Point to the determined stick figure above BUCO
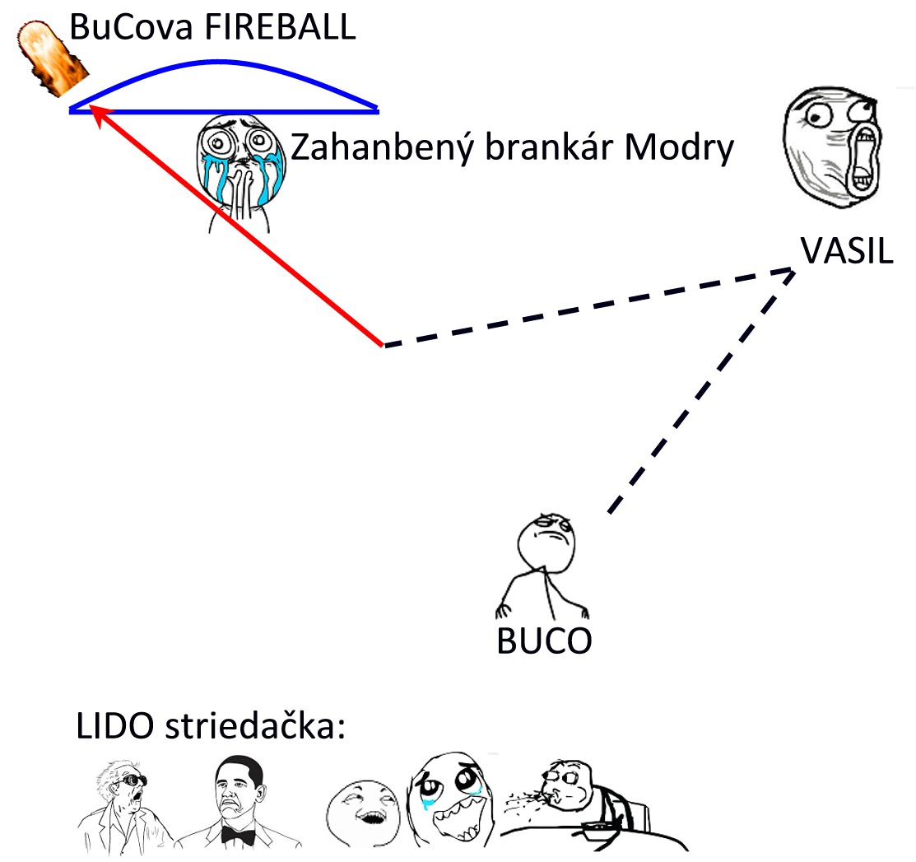pos(542,568)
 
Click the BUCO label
pos(544,641)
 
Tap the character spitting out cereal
pos(568,803)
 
